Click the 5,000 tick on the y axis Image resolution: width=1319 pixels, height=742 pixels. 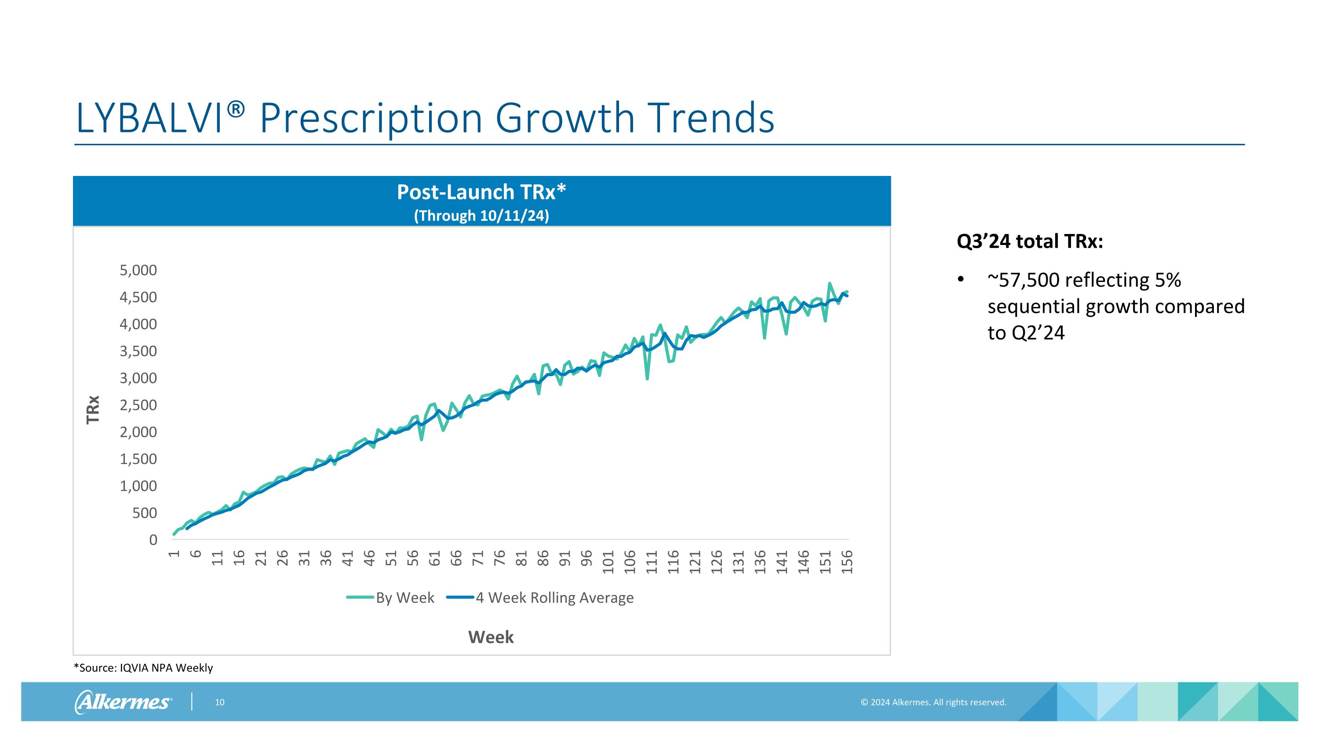coord(138,270)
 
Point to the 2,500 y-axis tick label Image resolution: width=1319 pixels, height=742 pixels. coord(138,405)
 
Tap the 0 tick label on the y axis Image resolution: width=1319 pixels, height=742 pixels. coord(153,540)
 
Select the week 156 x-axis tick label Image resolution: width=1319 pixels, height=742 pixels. coord(847,562)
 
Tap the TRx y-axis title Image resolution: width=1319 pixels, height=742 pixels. coord(93,409)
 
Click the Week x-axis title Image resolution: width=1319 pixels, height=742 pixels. coord(491,637)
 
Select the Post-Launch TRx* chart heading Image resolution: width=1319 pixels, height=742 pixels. coord(481,192)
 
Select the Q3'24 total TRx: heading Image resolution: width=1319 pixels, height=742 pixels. coord(1030,241)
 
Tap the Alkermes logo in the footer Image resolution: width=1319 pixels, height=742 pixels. coord(124,702)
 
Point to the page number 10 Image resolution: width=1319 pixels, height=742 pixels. coord(220,702)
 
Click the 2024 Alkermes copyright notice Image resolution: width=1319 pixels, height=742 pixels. coord(933,702)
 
